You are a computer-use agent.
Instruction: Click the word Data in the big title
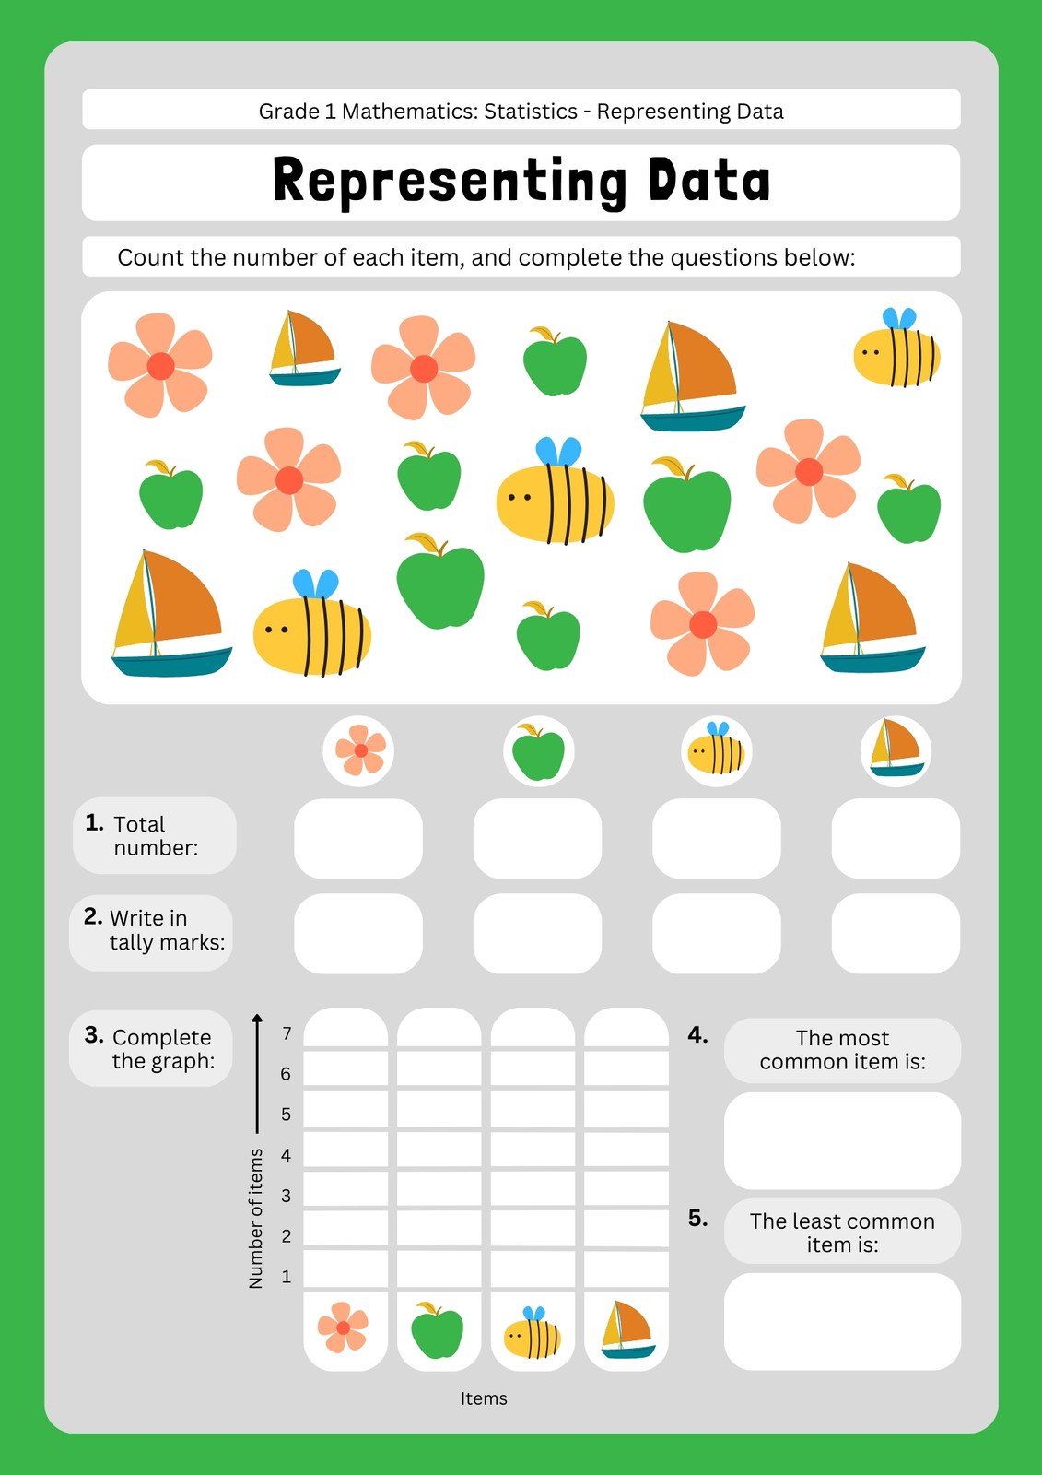[708, 181]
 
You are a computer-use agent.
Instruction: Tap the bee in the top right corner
[896, 350]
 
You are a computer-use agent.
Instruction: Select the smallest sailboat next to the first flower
[304, 348]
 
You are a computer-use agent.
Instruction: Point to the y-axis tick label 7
[287, 1033]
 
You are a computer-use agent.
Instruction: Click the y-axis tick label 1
[287, 1277]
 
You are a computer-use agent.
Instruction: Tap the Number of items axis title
[256, 1218]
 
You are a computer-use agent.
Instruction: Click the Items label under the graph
[484, 1398]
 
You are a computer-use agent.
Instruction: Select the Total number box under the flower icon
[358, 838]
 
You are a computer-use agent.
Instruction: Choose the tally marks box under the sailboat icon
[896, 933]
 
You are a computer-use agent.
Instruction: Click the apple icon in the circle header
[538, 752]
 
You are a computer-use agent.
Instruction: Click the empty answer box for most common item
[842, 1140]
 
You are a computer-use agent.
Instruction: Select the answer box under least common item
[842, 1321]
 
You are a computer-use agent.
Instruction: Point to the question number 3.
[93, 1035]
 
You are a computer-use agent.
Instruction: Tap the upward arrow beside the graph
[257, 1069]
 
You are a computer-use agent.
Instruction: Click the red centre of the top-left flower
[160, 366]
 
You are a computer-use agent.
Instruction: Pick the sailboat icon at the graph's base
[626, 1330]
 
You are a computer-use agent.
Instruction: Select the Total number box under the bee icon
[716, 838]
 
